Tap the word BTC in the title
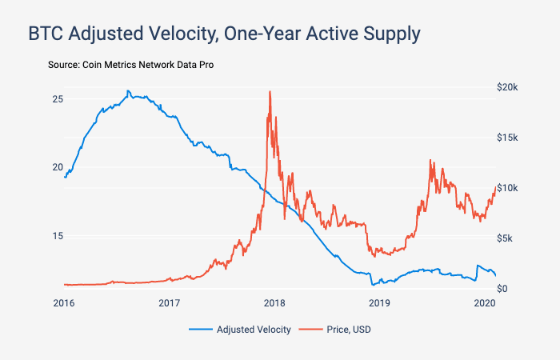point(46,34)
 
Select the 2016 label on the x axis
point(64,303)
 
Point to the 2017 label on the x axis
point(169,303)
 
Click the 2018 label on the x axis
point(274,303)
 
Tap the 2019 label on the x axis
point(379,303)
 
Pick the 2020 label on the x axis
point(484,303)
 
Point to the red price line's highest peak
point(270,91)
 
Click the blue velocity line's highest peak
point(128,90)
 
